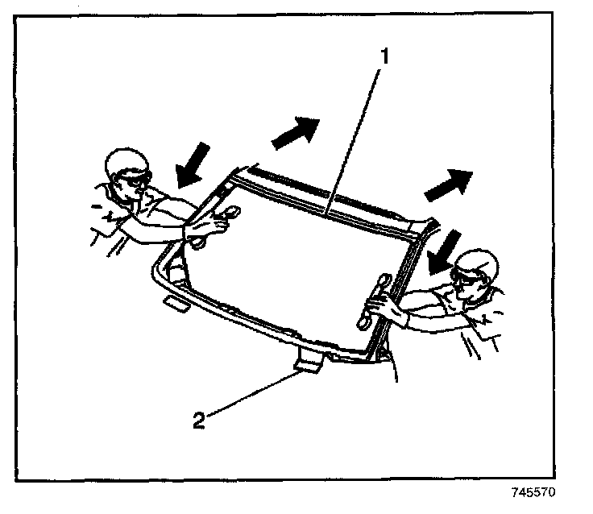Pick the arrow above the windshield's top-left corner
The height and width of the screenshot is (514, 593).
click(295, 132)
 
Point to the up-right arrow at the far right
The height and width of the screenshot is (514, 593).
click(447, 184)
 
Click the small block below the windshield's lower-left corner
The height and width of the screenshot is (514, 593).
click(174, 303)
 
